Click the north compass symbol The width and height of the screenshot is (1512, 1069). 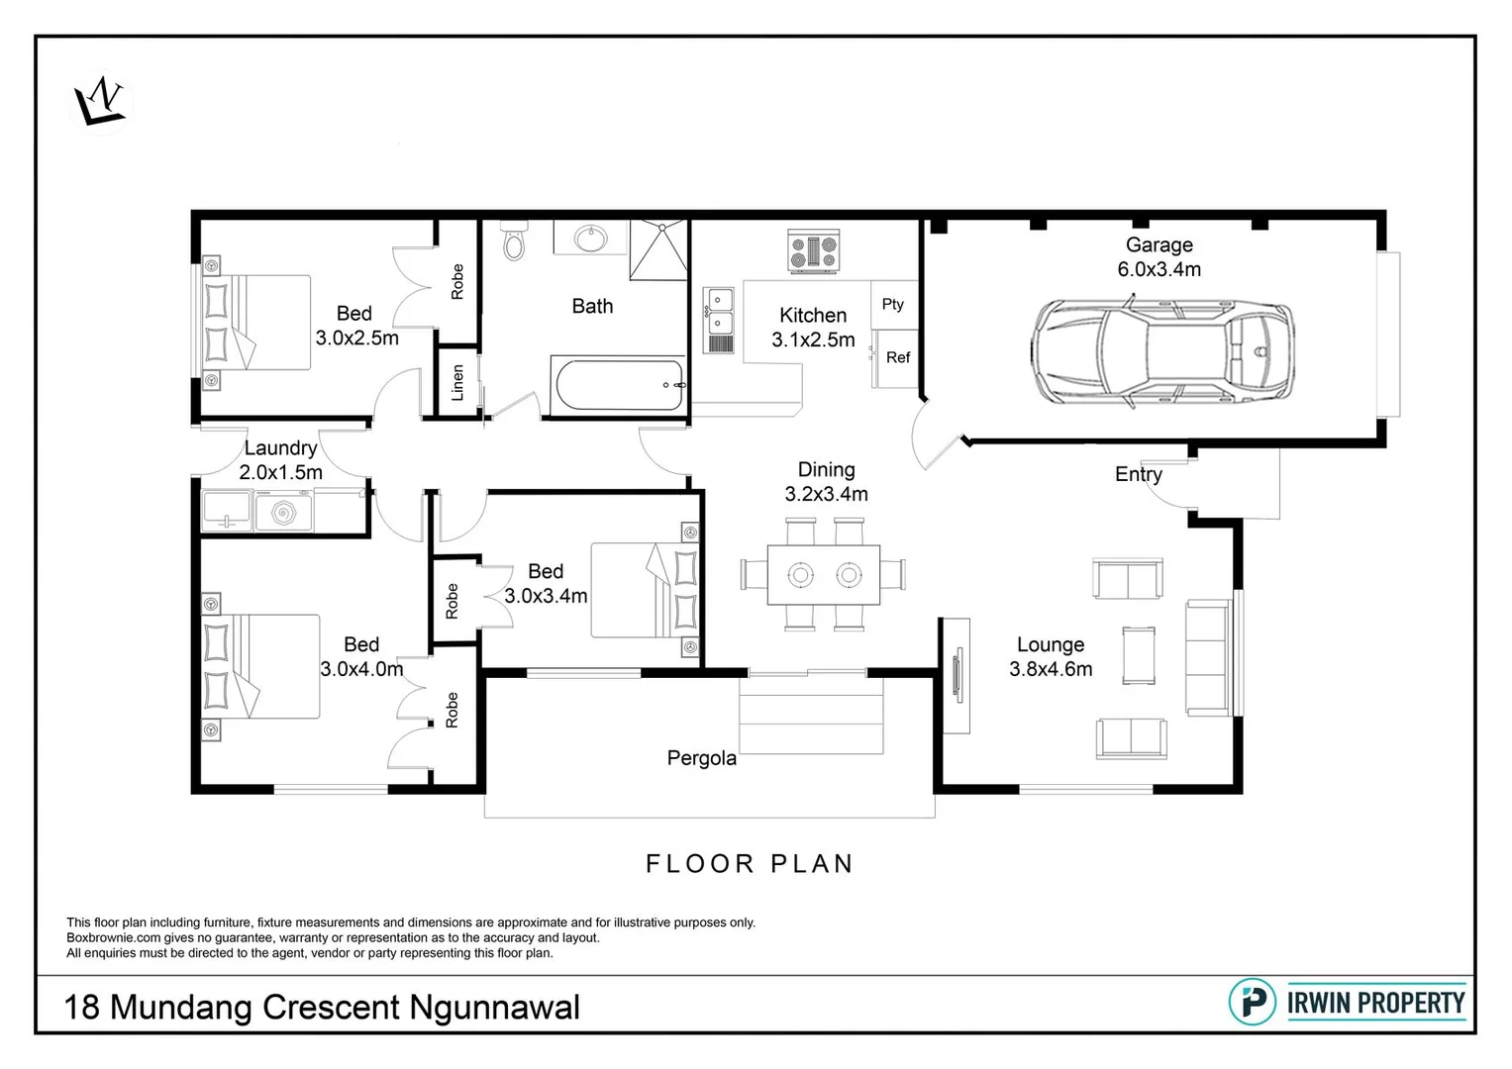click(100, 102)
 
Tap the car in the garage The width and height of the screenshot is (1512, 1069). click(1161, 352)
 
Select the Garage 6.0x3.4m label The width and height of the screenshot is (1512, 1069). click(1159, 257)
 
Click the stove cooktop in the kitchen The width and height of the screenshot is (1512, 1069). click(813, 251)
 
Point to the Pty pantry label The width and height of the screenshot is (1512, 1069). click(893, 305)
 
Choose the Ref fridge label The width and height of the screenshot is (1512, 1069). click(898, 357)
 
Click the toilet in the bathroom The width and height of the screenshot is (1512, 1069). click(514, 242)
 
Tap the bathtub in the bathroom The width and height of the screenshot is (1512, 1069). click(618, 385)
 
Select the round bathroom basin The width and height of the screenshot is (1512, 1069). click(592, 238)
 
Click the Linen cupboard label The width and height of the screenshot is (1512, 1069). click(457, 382)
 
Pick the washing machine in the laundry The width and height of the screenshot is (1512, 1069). click(284, 513)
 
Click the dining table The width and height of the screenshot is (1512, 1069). click(824, 575)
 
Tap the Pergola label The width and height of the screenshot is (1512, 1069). click(701, 759)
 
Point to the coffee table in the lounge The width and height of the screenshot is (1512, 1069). click(1138, 656)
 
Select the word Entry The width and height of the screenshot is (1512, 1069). click(1138, 474)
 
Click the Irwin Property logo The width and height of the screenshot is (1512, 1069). click(1347, 1003)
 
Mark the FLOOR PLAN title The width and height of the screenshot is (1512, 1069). click(750, 864)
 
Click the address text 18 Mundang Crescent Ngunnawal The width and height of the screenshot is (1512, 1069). click(322, 1008)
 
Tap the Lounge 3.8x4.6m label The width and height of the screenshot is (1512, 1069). click(1051, 657)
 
